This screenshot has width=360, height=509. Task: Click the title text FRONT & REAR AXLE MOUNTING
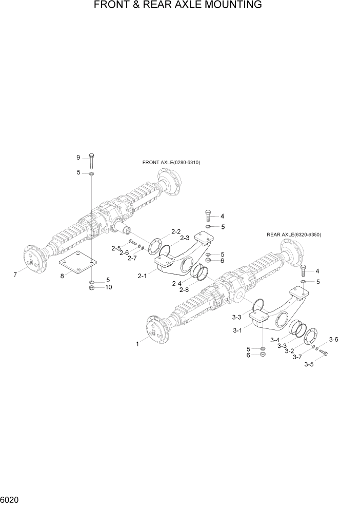[x=178, y=5]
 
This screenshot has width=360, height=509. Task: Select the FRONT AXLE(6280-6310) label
[x=171, y=162]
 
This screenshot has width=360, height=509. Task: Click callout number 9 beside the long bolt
[x=78, y=157]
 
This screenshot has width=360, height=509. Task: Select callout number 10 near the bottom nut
[x=108, y=287]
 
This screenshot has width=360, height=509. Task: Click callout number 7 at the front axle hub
[x=15, y=275]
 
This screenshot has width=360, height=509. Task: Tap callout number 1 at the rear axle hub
[x=137, y=344]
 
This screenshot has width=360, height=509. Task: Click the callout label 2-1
[x=142, y=276]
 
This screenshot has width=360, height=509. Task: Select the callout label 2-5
[x=115, y=248]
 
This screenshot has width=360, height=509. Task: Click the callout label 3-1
[x=237, y=330]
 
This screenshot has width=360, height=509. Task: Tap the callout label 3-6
[x=333, y=340]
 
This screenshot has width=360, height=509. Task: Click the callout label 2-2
[x=176, y=231]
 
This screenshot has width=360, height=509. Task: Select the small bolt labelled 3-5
[x=323, y=353]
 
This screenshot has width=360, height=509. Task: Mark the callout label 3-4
[x=274, y=340]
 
